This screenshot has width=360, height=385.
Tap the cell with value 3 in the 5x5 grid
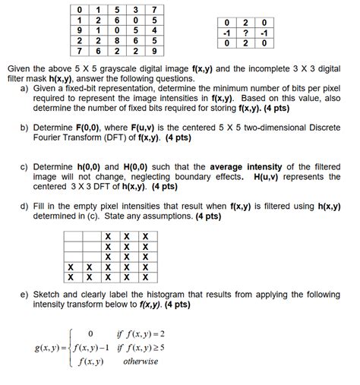tap(134, 8)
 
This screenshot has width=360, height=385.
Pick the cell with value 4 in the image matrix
tap(155, 30)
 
